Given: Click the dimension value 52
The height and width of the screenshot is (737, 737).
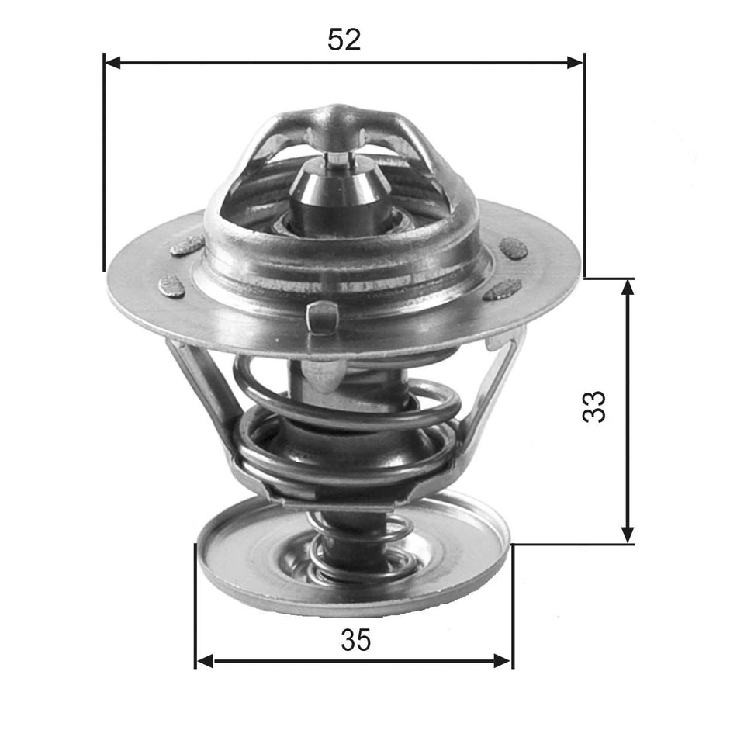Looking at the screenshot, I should pos(344,40).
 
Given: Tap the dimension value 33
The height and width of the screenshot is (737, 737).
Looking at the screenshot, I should pos(594,406).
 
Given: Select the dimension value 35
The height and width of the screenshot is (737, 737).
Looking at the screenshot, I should pos(355,640).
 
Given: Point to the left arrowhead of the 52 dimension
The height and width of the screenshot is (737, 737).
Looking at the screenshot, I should pos(111,62).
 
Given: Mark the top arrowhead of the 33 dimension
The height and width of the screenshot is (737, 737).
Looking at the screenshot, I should pos(628,285).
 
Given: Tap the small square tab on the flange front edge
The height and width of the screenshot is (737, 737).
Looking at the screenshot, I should pos(321,316).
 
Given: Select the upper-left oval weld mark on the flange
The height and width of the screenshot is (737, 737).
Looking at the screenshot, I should pos(187,246).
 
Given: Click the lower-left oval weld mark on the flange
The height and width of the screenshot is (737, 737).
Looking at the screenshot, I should pos(171,285).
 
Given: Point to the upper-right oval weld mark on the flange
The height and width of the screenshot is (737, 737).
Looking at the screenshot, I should pos(513,247).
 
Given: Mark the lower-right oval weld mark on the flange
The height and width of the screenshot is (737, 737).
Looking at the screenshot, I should pos(502,289).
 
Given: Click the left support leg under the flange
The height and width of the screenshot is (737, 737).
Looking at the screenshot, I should pos(200,392).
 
